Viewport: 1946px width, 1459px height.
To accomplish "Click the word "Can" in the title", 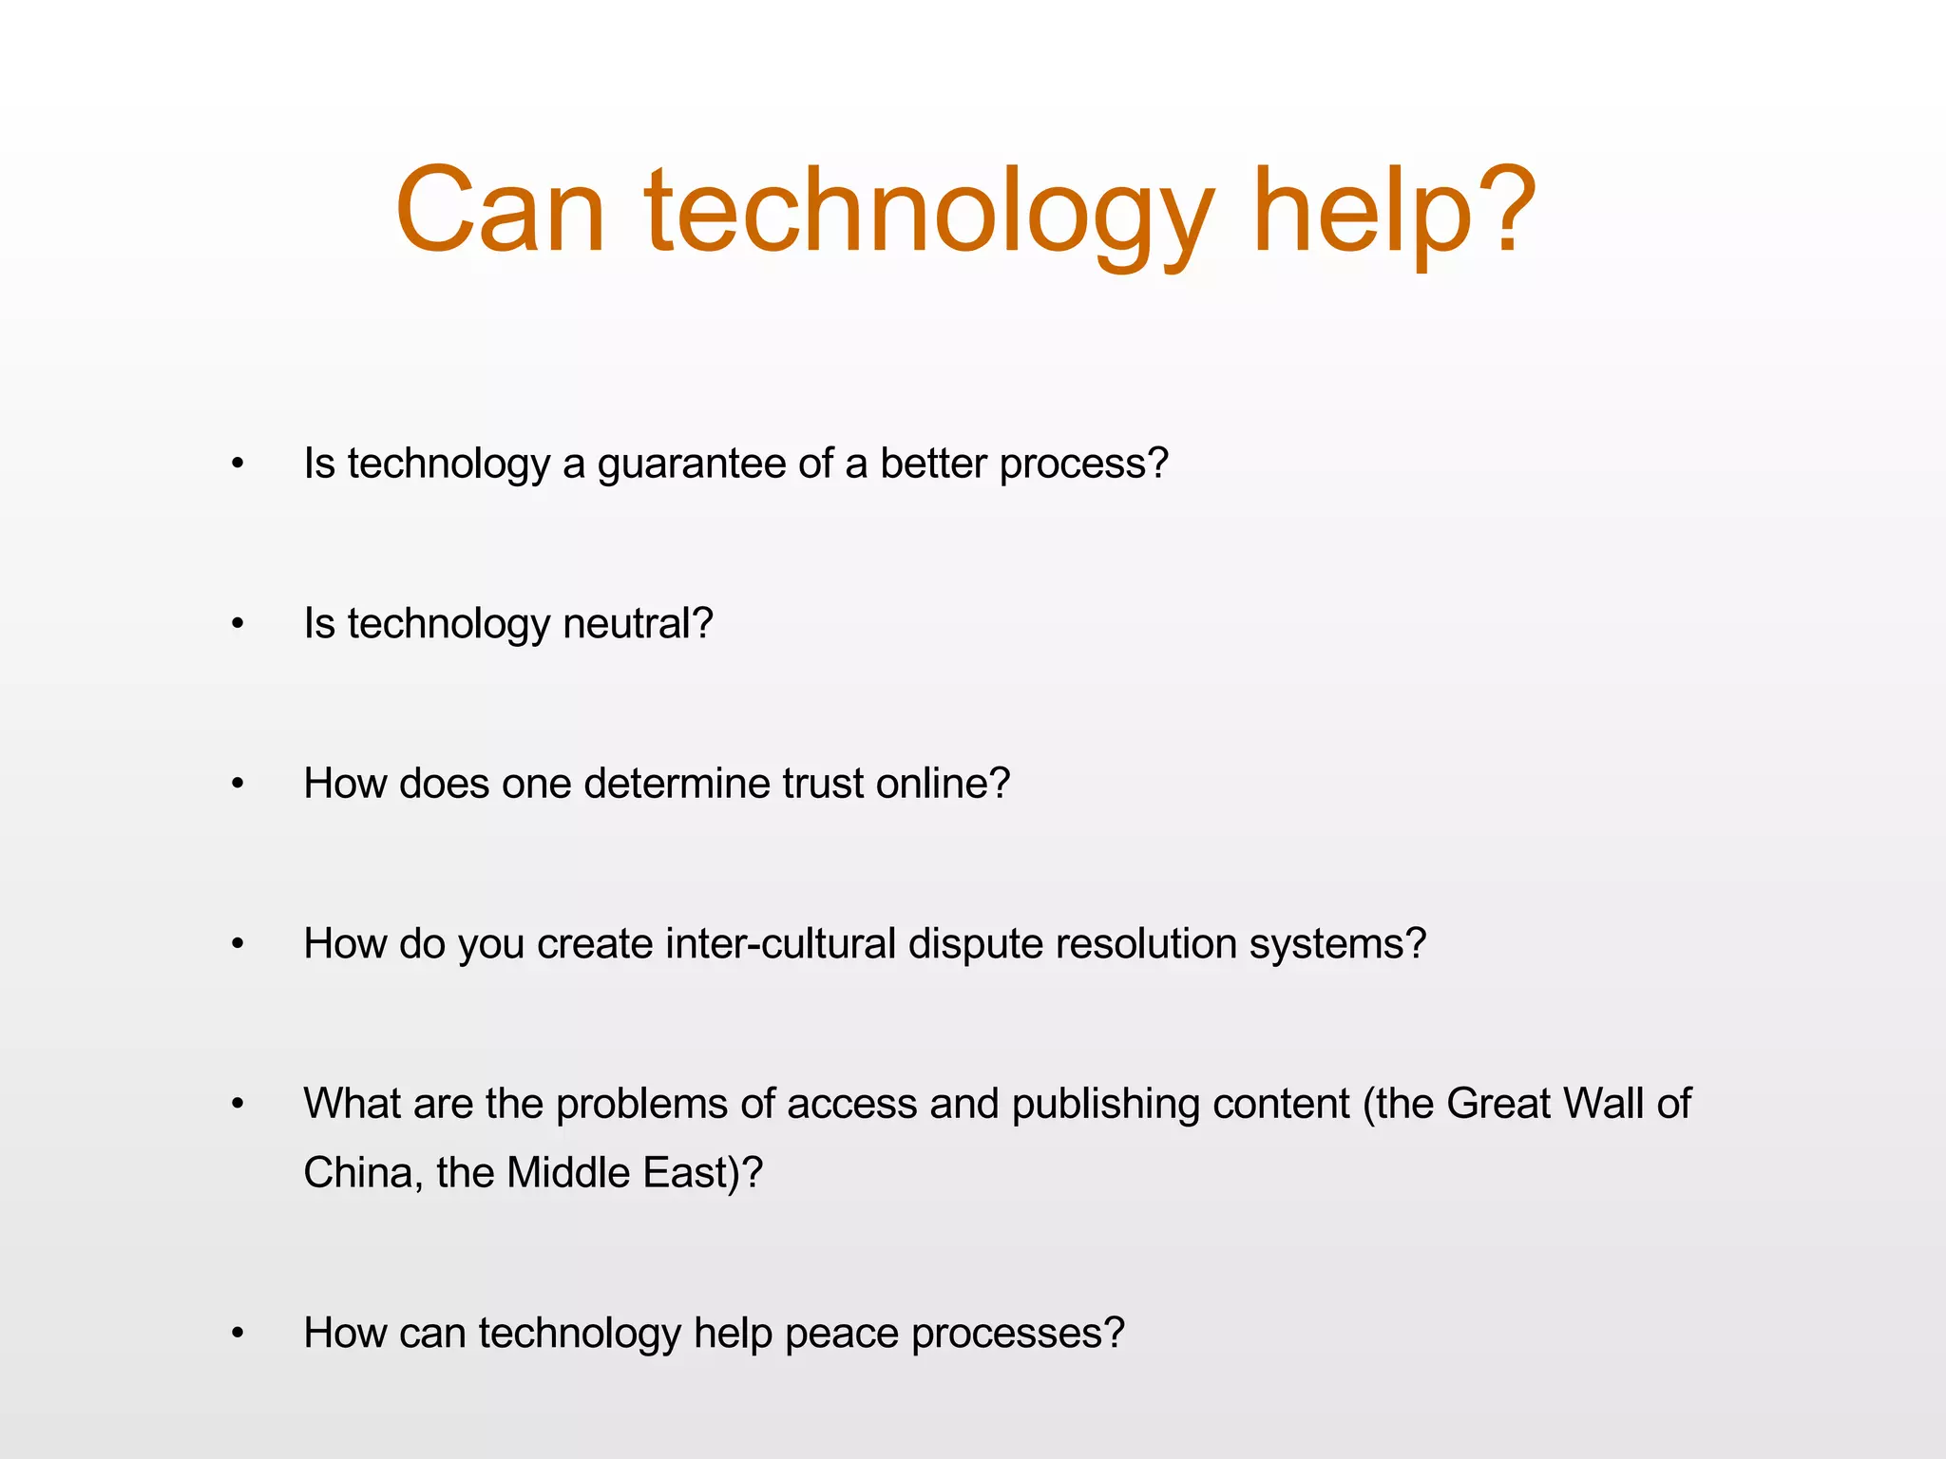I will pyautogui.click(x=501, y=211).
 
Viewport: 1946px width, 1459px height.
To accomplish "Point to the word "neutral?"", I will pyautogui.click(x=638, y=624).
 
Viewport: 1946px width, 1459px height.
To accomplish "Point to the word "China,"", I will pyautogui.click(x=363, y=1173).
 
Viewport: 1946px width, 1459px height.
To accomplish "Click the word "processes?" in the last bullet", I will pyautogui.click(x=1018, y=1335).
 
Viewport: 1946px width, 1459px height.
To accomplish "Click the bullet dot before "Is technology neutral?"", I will pyautogui.click(x=238, y=625).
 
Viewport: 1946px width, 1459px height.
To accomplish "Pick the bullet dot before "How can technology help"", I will pyautogui.click(x=238, y=1334).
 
